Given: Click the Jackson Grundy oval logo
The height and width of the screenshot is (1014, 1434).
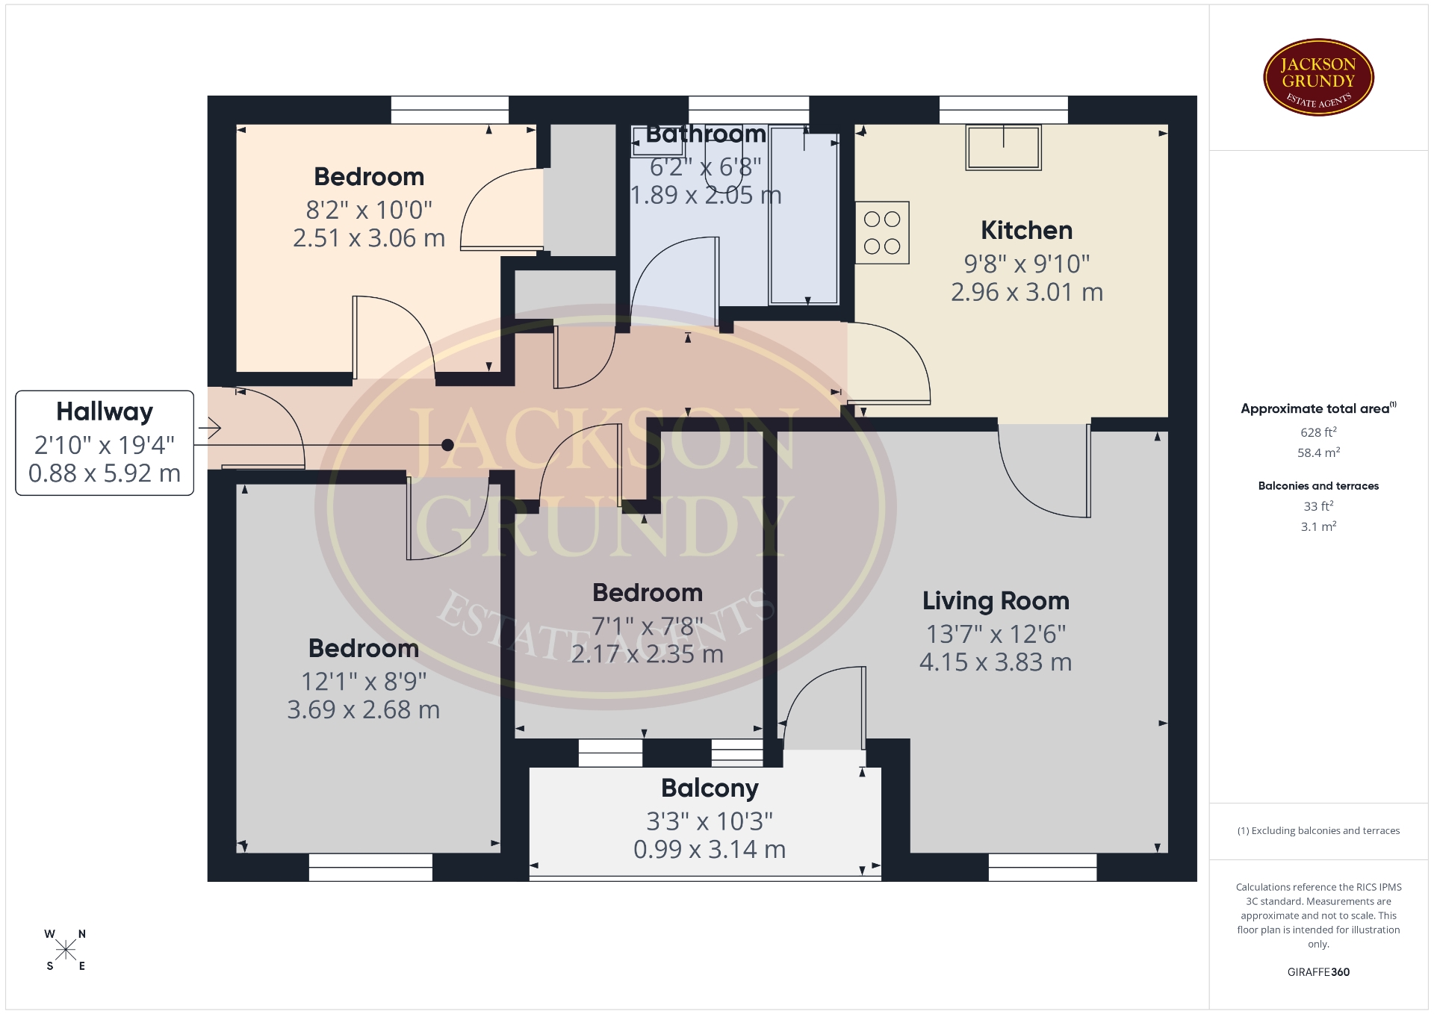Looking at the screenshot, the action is click(x=1318, y=78).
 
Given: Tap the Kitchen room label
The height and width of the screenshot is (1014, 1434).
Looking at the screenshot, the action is click(x=1026, y=230).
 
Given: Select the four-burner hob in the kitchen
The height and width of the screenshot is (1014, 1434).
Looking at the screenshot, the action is click(x=882, y=232).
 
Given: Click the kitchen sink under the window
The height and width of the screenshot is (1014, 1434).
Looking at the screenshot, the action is click(x=1003, y=147).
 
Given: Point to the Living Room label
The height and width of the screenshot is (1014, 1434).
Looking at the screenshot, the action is click(x=996, y=600).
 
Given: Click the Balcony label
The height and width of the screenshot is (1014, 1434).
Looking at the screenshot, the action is click(x=710, y=789).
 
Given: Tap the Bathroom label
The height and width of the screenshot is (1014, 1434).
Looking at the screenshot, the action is click(x=706, y=134).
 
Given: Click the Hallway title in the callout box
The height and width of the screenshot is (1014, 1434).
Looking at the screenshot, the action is click(x=105, y=411).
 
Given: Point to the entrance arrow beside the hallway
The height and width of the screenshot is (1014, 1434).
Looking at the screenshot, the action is click(x=210, y=429).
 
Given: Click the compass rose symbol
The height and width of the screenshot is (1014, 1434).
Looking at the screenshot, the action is click(x=66, y=950).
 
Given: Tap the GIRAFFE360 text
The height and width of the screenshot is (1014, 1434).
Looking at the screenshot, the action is click(x=1318, y=972).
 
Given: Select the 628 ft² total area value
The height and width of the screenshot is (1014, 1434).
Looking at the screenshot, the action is click(x=1318, y=432).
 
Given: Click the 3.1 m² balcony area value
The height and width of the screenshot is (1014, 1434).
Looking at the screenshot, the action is click(x=1318, y=526).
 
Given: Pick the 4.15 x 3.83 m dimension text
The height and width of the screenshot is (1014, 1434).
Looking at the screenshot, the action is click(x=996, y=662).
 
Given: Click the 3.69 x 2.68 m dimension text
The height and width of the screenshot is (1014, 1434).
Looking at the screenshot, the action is click(x=364, y=709).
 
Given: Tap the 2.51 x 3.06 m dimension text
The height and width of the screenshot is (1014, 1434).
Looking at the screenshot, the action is click(x=369, y=238).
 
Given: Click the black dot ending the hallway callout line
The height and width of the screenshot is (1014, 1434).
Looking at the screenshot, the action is click(x=447, y=445).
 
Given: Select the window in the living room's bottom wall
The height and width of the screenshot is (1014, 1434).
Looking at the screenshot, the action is click(x=1043, y=867).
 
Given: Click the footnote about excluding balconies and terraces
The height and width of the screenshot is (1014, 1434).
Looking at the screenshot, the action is click(x=1318, y=831).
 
